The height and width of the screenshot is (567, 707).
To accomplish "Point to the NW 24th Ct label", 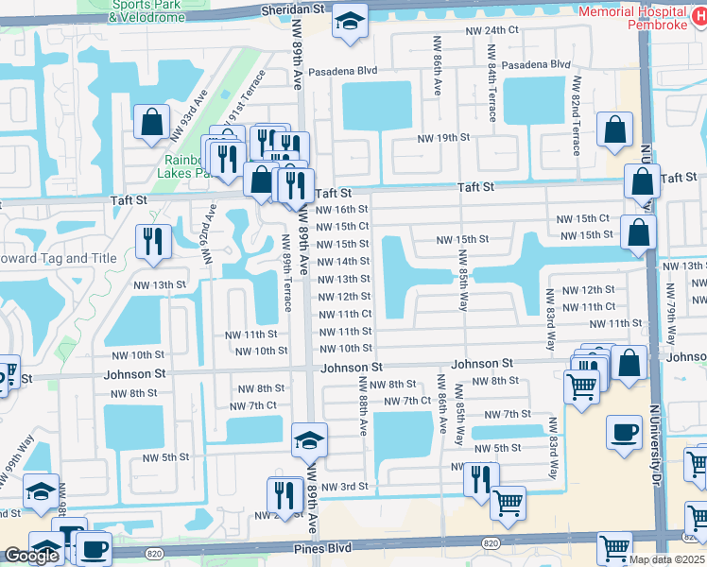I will (x=491, y=30).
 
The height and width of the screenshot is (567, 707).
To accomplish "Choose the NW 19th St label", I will (x=444, y=138).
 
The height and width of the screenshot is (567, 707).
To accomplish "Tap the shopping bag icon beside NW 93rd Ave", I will (x=151, y=122).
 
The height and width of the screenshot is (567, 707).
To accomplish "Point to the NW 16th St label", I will (x=342, y=209).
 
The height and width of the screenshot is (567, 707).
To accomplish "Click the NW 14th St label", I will (x=342, y=262).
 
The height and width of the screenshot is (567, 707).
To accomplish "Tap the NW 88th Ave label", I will (x=362, y=405).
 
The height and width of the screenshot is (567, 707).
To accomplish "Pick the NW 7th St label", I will (x=508, y=414).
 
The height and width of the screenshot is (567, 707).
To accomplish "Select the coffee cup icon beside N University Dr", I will (x=623, y=434).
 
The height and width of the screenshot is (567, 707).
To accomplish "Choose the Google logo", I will (x=31, y=556).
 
